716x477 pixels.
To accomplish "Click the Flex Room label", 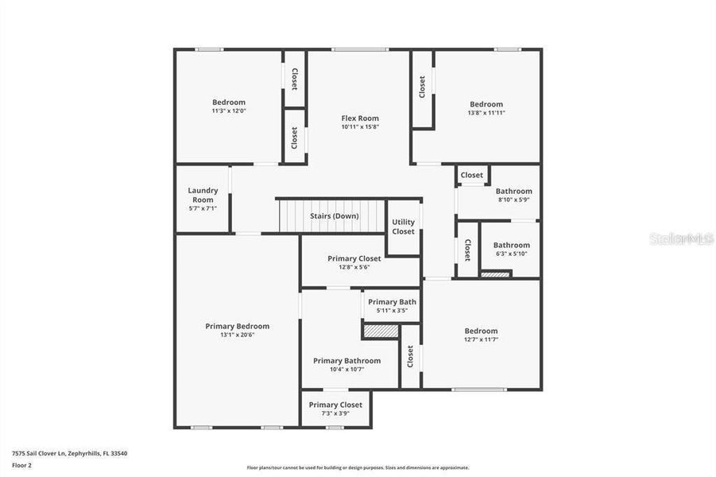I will [360, 118].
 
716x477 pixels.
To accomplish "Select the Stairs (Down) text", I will [334, 216].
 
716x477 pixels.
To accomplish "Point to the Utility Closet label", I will [403, 227].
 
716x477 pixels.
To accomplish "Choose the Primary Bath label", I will [392, 302].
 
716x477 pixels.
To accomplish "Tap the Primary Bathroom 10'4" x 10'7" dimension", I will [346, 369].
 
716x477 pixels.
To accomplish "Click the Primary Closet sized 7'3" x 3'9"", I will [335, 405].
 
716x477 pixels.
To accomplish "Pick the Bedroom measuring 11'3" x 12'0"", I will [228, 103].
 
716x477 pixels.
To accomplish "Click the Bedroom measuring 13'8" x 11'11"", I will [486, 104].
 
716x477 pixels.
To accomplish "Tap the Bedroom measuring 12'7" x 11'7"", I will [481, 332].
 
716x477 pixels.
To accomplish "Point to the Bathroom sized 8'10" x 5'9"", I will [513, 192].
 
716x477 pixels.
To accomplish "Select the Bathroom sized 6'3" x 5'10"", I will [511, 246].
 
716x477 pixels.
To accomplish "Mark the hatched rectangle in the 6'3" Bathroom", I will [495, 274].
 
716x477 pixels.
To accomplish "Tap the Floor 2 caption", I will [22, 466].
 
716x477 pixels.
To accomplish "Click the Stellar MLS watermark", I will [681, 238].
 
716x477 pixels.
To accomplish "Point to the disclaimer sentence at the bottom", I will [358, 467].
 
